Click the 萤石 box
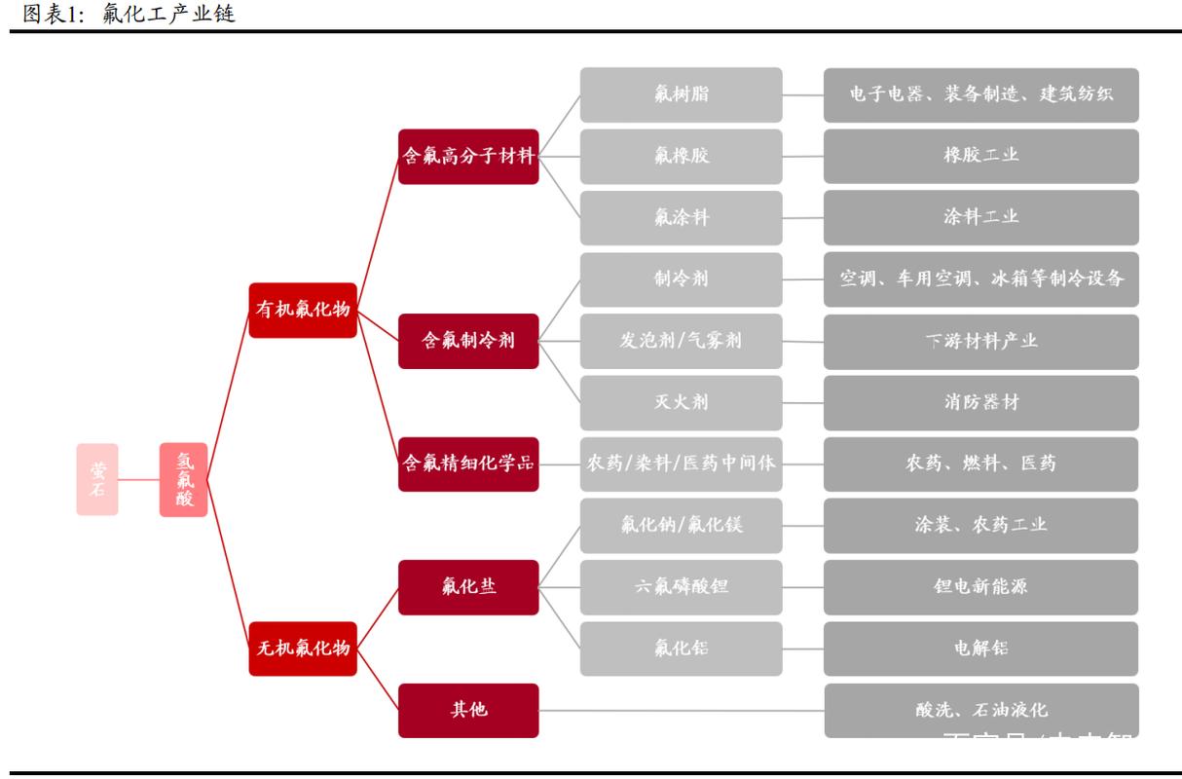point(97,479)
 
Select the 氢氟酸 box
point(184,479)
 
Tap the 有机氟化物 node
point(303,310)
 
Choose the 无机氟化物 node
point(303,648)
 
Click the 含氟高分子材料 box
point(468,156)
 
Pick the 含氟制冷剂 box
point(468,341)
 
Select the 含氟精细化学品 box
point(468,464)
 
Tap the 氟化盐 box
point(468,587)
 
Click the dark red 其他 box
point(468,710)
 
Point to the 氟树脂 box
point(682,94)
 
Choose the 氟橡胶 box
point(682,156)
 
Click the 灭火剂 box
point(682,402)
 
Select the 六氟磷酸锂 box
point(682,587)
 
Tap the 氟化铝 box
point(682,649)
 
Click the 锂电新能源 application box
point(980,587)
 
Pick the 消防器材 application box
point(980,402)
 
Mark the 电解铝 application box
point(980,649)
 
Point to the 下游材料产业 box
point(980,341)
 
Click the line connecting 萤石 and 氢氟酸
point(139,479)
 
